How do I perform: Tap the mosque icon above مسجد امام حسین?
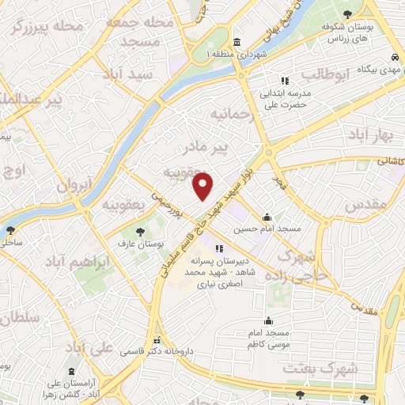(x=267, y=216)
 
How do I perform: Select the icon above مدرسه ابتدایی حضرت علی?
(x=284, y=80)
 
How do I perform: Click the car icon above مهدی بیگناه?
(x=393, y=57)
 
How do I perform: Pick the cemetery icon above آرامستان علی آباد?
(x=72, y=372)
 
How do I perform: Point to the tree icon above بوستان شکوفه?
(x=348, y=13)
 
